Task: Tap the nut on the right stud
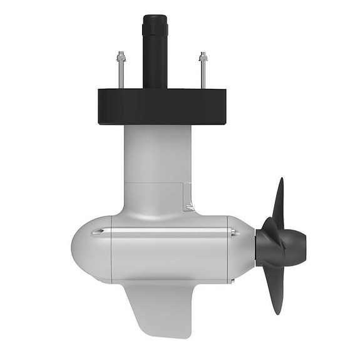(x=202, y=59)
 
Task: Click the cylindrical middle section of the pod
(x=169, y=250)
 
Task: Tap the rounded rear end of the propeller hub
(x=303, y=242)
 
